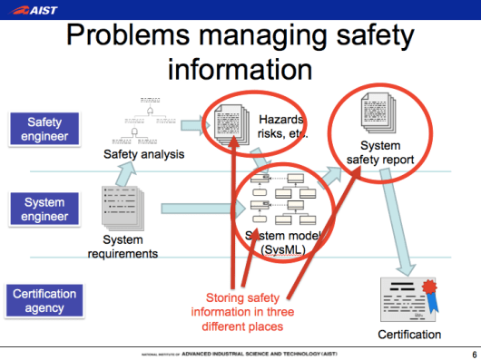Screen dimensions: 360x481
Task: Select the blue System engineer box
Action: click(44, 210)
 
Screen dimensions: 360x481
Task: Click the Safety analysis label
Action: click(144, 154)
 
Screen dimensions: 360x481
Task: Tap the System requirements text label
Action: click(123, 247)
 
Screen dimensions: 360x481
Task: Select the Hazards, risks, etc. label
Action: click(284, 126)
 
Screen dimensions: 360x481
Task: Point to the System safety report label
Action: click(380, 152)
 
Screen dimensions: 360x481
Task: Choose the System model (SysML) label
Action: click(280, 242)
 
